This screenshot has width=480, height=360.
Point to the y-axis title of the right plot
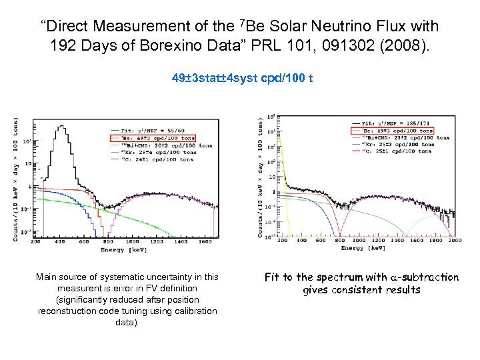point(260,177)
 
